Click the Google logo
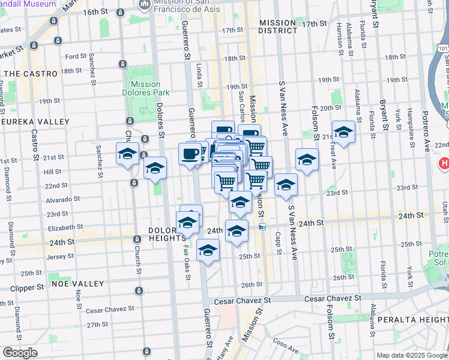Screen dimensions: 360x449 tap(20, 353)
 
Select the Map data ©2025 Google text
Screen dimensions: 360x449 tap(412, 355)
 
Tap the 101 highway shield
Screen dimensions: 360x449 tap(443, 46)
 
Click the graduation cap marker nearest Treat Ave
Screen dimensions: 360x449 tap(344, 132)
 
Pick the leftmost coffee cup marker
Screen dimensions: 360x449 tap(190, 154)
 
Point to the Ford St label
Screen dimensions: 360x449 tap(76, 56)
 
